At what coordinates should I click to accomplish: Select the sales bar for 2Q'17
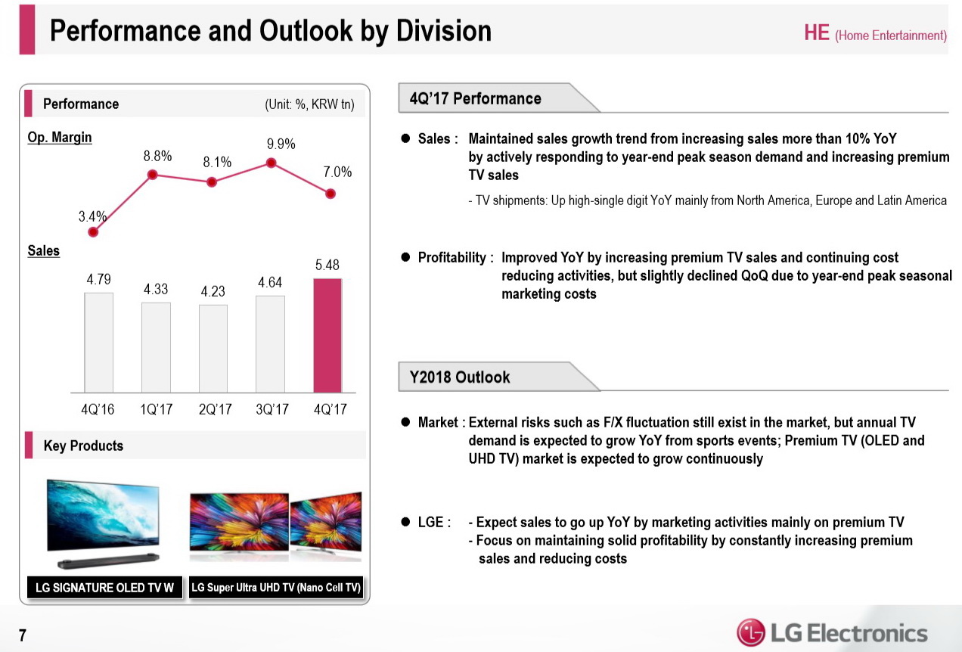(213, 348)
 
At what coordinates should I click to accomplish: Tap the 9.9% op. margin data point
(271, 163)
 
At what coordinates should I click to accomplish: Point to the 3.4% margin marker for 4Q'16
(93, 232)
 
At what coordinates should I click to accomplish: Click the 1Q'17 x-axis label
(156, 409)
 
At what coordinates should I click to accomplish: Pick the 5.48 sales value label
(327, 265)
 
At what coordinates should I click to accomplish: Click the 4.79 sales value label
(99, 279)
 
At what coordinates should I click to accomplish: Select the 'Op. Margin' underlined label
(60, 138)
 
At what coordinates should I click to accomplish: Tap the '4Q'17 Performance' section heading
(475, 99)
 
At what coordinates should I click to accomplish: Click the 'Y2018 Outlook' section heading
(460, 377)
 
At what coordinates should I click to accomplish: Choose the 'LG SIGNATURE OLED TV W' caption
(104, 588)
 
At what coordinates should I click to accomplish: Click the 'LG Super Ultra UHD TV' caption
(276, 588)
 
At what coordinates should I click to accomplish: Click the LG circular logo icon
(750, 632)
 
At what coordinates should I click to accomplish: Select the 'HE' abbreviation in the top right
(817, 33)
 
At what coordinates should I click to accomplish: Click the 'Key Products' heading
(83, 446)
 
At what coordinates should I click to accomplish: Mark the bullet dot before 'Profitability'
(405, 258)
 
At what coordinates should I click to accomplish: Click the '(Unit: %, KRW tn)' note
(309, 104)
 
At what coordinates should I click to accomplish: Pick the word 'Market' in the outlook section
(438, 422)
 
